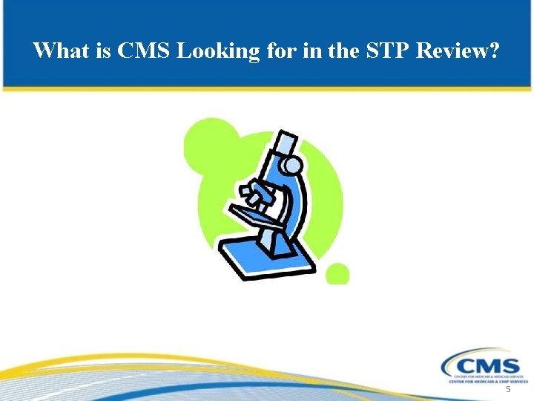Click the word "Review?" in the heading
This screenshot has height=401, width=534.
click(459, 50)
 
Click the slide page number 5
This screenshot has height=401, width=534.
click(508, 389)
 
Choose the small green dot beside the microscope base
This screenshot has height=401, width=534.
click(337, 273)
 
